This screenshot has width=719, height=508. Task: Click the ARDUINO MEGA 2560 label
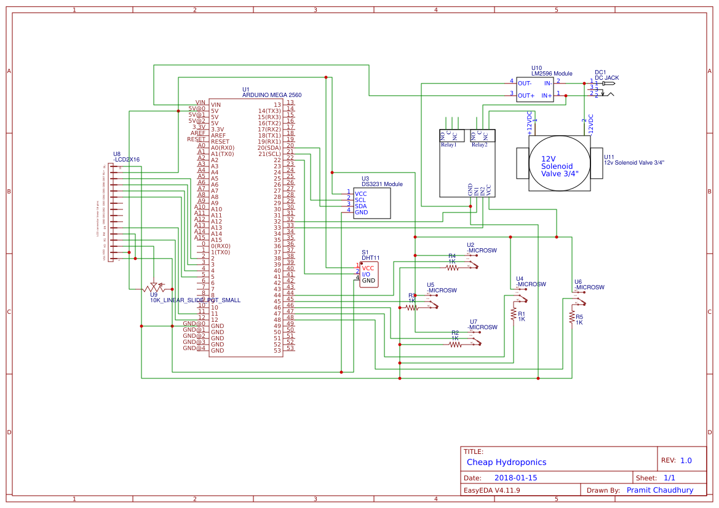tap(272, 95)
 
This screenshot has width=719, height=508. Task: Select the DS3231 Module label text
tap(382, 184)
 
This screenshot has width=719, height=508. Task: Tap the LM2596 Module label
tap(552, 74)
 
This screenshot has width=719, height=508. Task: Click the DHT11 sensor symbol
tap(370, 275)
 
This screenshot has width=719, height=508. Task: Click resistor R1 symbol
tap(513, 314)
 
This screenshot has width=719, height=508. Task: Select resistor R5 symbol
tap(571, 317)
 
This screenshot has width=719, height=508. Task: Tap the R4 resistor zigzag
tap(453, 267)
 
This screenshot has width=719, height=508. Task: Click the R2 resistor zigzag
tap(455, 345)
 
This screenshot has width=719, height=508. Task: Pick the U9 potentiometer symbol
tap(153, 287)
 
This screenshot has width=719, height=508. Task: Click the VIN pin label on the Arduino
tap(200, 103)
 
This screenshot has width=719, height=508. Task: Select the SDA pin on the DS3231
tap(360, 206)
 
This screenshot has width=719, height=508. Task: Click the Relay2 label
tap(479, 145)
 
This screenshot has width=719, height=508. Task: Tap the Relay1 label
tap(448, 145)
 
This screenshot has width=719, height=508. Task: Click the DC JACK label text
tap(607, 78)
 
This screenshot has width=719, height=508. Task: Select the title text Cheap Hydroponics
tap(506, 462)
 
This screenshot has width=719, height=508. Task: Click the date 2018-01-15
tap(515, 478)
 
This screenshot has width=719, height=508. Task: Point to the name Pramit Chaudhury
tap(659, 490)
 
